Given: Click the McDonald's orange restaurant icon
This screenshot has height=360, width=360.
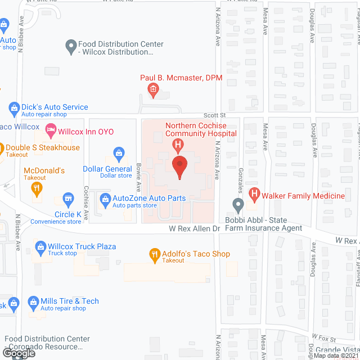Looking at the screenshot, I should pyautogui.click(x=38, y=189).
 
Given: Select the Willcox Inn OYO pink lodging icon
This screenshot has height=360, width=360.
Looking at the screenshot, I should pyautogui.click(x=50, y=132).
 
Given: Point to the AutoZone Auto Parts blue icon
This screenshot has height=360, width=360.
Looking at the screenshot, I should pyautogui.click(x=105, y=199).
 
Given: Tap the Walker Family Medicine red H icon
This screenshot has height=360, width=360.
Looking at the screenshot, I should pyautogui.click(x=254, y=196).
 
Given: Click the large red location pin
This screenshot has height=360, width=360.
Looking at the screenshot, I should pyautogui.click(x=179, y=167).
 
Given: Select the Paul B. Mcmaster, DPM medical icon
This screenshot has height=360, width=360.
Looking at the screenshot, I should pyautogui.click(x=152, y=89).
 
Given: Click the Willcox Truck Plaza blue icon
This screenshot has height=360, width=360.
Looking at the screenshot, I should pyautogui.click(x=40, y=246).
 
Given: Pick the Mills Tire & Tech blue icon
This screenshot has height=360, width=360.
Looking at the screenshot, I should pyautogui.click(x=31, y=304).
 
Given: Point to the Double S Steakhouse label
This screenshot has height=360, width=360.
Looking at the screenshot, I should pyautogui.click(x=42, y=148).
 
